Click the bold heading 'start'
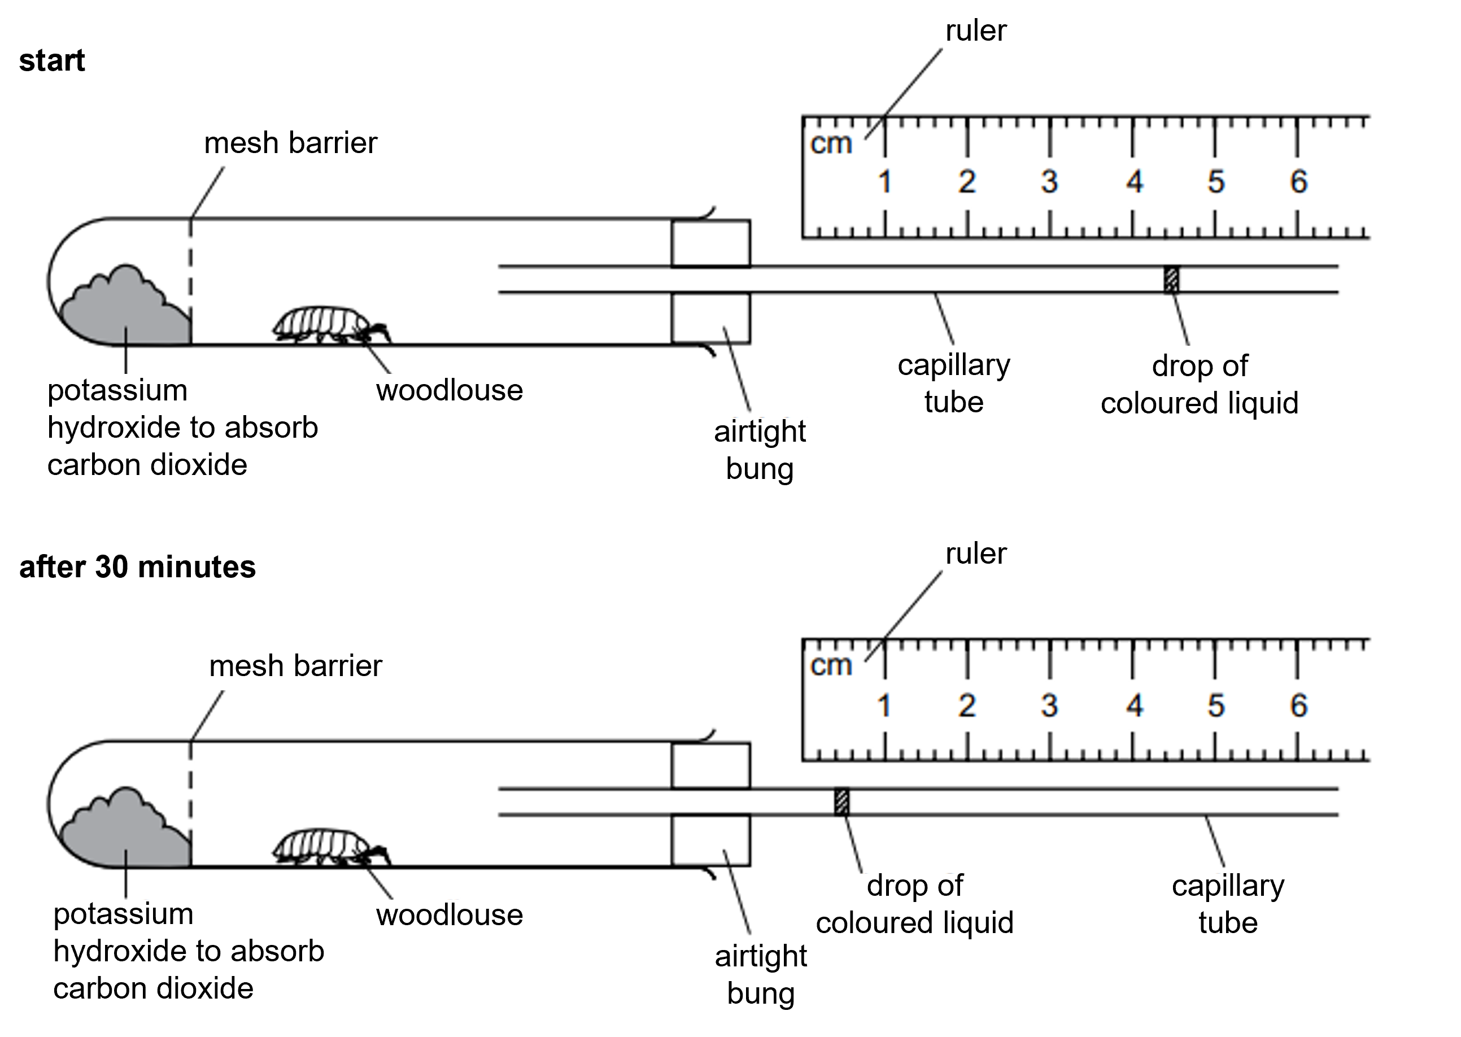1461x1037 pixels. (x=52, y=60)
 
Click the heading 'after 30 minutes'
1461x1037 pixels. (x=137, y=567)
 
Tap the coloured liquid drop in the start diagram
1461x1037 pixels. (x=1171, y=280)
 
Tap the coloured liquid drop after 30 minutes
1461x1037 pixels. (x=841, y=802)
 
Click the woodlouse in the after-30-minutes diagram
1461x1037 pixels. (x=326, y=847)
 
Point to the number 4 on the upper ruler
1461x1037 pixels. (x=1134, y=182)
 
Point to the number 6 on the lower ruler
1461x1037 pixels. (x=1299, y=705)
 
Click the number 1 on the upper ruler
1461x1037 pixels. (x=884, y=182)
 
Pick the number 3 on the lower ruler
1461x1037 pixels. (x=1049, y=705)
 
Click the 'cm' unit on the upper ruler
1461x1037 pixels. (x=831, y=143)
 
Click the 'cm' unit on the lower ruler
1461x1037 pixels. (x=831, y=665)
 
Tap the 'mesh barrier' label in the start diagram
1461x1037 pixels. (x=290, y=143)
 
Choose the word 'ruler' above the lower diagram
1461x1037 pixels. (x=976, y=553)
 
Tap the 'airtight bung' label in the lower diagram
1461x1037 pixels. (x=761, y=974)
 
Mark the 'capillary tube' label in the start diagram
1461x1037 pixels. (x=954, y=383)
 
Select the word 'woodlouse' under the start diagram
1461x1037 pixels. (x=450, y=390)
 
